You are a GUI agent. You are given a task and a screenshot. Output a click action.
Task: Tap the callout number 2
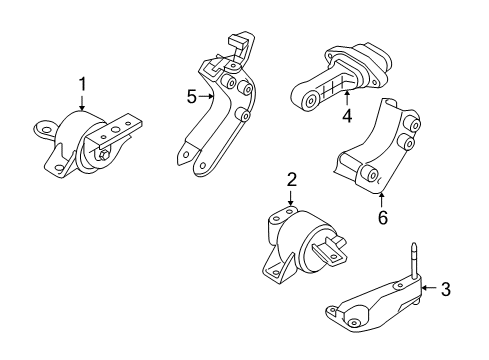click(x=291, y=180)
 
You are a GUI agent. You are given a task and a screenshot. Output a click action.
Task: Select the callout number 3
click(x=447, y=290)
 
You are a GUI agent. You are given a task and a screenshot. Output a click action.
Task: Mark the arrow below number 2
click(x=291, y=200)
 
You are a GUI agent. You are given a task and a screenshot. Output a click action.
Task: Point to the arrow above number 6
click(x=381, y=196)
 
